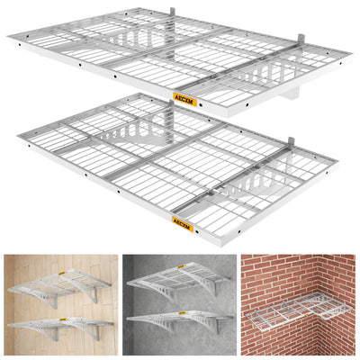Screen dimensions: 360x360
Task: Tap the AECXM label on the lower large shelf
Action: (x=184, y=218)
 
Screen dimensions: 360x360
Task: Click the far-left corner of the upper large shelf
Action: (x=9, y=38)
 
